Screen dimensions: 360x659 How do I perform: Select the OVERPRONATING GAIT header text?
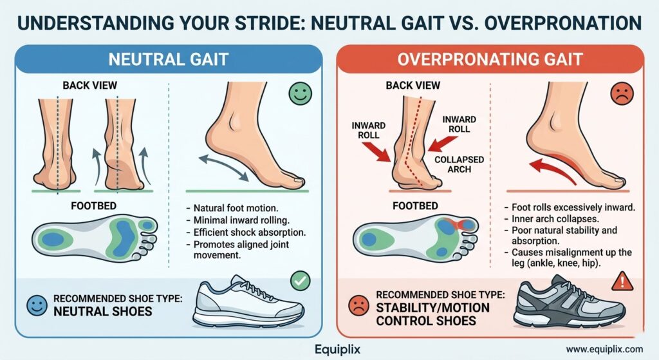click(490, 60)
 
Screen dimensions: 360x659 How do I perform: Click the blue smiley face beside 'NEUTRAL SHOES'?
click(37, 304)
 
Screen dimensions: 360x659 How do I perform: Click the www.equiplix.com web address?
click(604, 349)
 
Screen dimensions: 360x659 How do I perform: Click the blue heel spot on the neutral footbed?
click(54, 238)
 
